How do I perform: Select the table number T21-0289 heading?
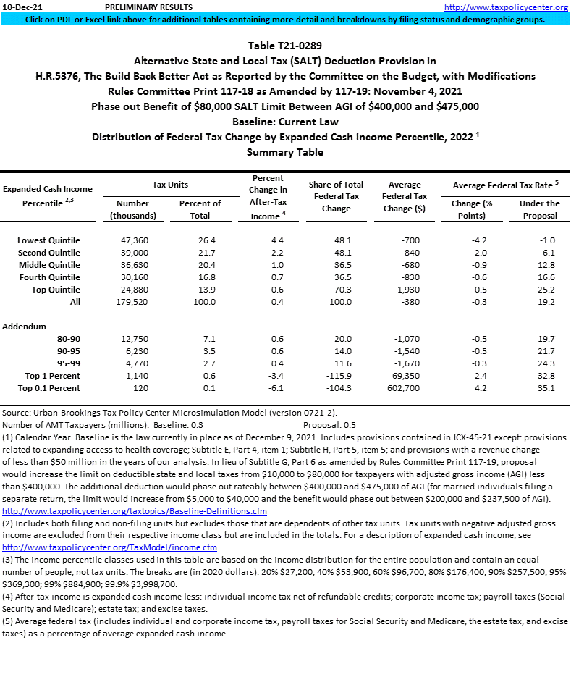pos(285,46)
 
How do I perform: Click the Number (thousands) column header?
pos(132,209)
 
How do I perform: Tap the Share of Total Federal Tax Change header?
pos(336,196)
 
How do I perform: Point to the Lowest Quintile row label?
pos(49,240)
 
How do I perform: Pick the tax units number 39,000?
pos(132,253)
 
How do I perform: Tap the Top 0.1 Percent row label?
pos(53,388)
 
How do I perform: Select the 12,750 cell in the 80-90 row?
pos(132,339)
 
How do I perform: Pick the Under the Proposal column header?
pos(540,209)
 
